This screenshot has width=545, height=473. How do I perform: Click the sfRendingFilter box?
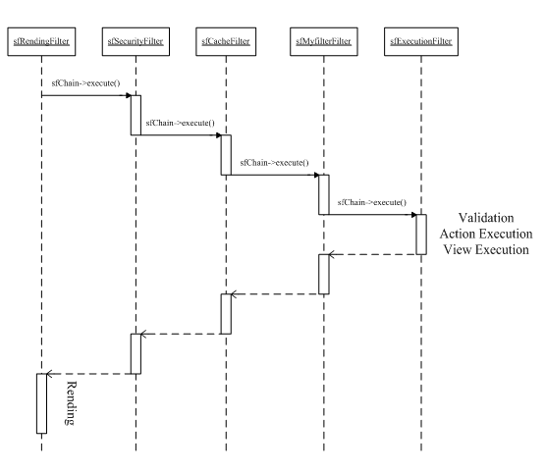tap(41, 41)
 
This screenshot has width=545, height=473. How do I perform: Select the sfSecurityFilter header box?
tap(136, 41)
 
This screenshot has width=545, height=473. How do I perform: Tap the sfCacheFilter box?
tap(226, 41)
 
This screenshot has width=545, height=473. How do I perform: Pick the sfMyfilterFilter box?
tap(324, 41)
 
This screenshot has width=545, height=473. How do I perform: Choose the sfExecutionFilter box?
tap(421, 41)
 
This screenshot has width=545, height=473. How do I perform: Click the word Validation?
tap(486, 218)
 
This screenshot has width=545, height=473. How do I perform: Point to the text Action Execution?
tap(486, 234)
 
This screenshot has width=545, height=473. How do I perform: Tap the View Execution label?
tap(486, 249)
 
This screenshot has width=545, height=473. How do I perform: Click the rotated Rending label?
tap(71, 403)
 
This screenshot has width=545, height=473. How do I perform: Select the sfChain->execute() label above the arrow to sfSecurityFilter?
tap(85, 83)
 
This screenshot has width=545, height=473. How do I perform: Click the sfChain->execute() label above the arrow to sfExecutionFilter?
tap(372, 202)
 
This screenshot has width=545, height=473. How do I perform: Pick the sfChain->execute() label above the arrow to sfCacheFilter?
tap(181, 123)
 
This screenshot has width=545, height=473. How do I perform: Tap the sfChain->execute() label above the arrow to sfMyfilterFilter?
tap(274, 163)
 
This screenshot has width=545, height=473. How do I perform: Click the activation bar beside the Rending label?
tap(41, 403)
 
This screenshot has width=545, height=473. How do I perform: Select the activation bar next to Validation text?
tap(421, 235)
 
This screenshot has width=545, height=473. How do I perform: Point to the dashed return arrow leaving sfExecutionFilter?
tap(372, 254)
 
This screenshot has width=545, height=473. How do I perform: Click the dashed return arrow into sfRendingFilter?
tap(88, 374)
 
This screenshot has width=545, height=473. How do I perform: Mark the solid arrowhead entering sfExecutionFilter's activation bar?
tap(413, 215)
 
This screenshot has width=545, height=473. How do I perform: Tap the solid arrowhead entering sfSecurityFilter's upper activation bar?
tap(129, 95)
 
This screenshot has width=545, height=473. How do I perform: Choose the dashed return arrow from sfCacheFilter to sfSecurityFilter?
tap(181, 334)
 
